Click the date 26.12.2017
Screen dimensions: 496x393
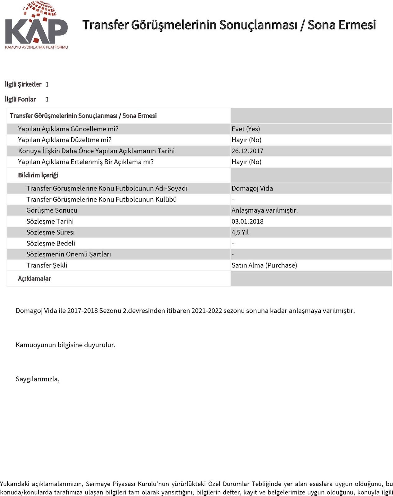(x=247, y=151)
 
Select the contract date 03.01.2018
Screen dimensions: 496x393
(x=247, y=221)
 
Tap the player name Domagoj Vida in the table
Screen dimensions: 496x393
(x=252, y=188)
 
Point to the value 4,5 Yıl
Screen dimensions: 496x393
(x=240, y=232)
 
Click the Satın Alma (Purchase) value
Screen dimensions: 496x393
(x=264, y=265)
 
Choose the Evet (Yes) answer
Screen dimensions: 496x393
(x=246, y=129)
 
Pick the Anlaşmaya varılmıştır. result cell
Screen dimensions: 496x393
(x=264, y=210)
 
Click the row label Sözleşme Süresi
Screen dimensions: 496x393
(x=51, y=232)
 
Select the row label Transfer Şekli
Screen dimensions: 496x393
(x=47, y=265)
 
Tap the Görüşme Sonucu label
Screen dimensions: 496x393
(x=52, y=210)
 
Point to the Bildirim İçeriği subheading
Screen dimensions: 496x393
(x=38, y=175)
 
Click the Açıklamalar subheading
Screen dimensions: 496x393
(x=34, y=278)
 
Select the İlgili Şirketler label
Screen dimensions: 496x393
(x=23, y=84)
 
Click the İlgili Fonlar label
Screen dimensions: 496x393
(x=20, y=99)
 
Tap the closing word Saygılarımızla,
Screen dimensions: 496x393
(x=38, y=379)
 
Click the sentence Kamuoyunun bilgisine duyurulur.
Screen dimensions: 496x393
(x=65, y=345)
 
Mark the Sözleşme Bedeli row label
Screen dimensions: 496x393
(x=51, y=243)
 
